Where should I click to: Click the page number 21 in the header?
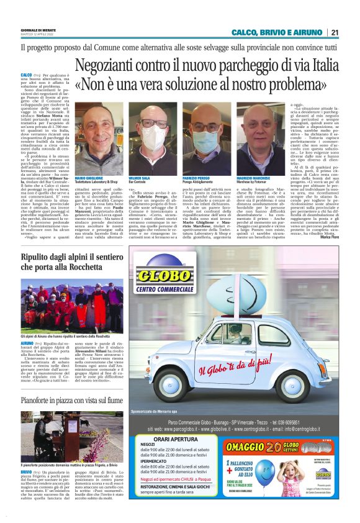[335, 32]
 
